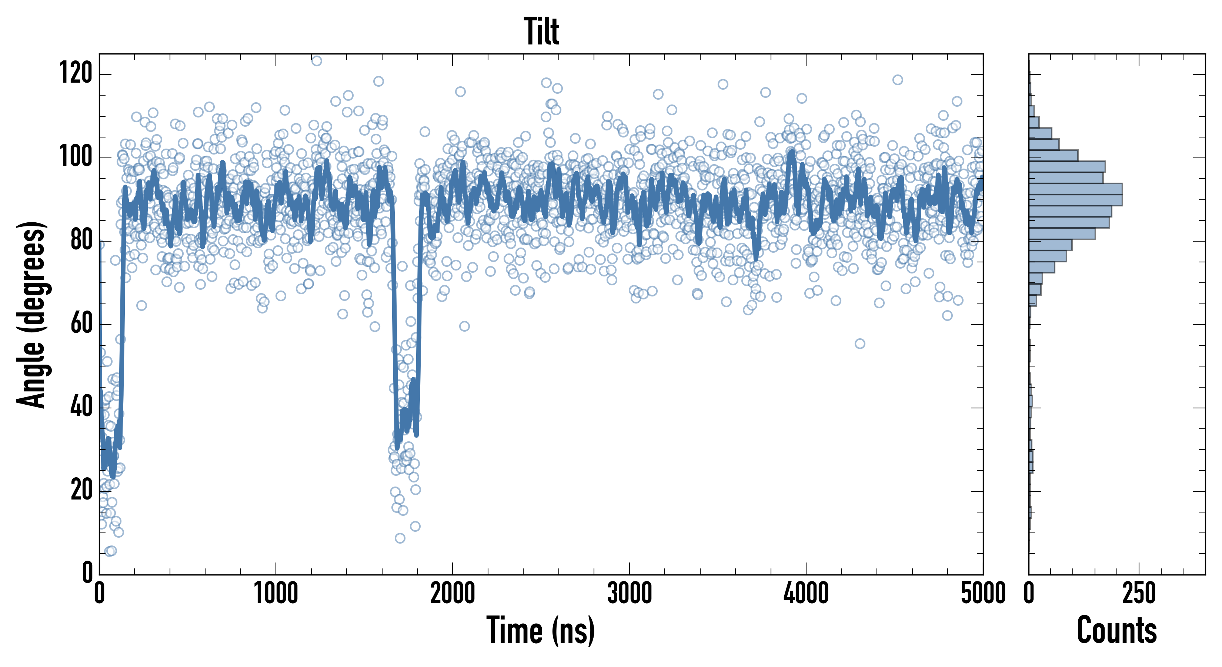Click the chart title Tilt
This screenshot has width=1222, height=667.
pyautogui.click(x=541, y=31)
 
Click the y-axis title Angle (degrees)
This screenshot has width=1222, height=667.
pyautogui.click(x=32, y=314)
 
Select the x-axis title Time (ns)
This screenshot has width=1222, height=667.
pyautogui.click(x=541, y=630)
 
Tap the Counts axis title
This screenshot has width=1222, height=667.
pyautogui.click(x=1117, y=630)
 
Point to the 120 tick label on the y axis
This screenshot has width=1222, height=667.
pyautogui.click(x=76, y=74)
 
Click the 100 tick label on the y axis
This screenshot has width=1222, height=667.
pyautogui.click(x=76, y=157)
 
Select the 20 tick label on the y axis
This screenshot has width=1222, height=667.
pyautogui.click(x=81, y=490)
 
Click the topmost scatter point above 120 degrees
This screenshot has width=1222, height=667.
pyautogui.click(x=316, y=61)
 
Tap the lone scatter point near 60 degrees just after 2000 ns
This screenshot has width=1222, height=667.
pyautogui.click(x=464, y=326)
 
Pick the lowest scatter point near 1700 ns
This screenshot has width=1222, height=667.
pyautogui.click(x=400, y=538)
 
